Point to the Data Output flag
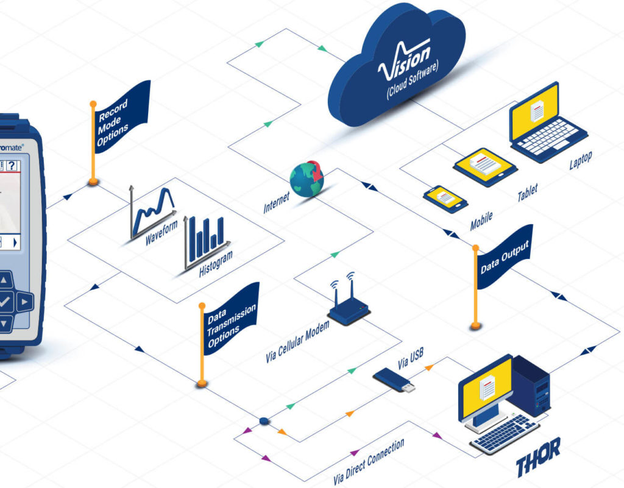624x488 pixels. click(x=504, y=256)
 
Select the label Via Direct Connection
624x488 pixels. click(x=369, y=460)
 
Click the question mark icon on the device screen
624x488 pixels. click(x=11, y=166)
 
